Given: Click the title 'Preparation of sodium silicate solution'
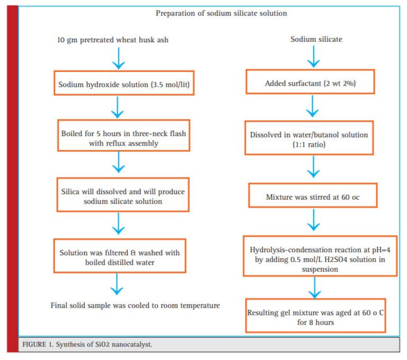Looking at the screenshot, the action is pyautogui.click(x=221, y=13).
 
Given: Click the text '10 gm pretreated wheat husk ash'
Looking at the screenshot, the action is pyautogui.click(x=113, y=40).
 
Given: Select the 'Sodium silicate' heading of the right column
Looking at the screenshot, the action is pyautogui.click(x=316, y=39).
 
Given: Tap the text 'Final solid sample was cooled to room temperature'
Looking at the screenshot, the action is pyautogui.click(x=135, y=305).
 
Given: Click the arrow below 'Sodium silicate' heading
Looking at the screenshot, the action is pyautogui.click(x=314, y=57).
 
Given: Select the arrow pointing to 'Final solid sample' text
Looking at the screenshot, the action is pyautogui.click(x=117, y=284).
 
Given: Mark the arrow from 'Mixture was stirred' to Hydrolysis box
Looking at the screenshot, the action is pyautogui.click(x=314, y=220).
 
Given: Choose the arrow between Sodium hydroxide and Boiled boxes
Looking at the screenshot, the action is pyautogui.click(x=118, y=107).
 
